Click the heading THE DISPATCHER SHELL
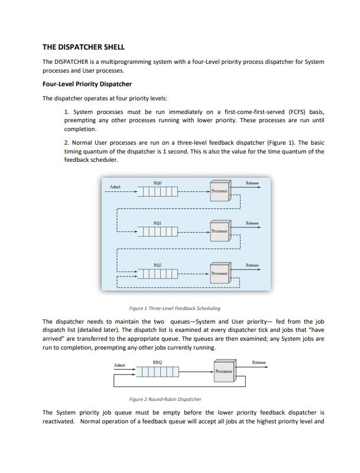(x=83, y=47)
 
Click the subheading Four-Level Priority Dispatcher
(x=87, y=84)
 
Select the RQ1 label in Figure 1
(x=158, y=223)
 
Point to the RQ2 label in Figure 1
(x=158, y=265)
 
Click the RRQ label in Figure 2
(x=157, y=363)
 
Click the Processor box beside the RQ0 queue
(x=220, y=191)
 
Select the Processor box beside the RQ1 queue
(x=220, y=231)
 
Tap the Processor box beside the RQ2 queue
(x=220, y=273)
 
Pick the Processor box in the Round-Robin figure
(x=225, y=371)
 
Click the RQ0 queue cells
(x=158, y=191)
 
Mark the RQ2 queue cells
(x=158, y=273)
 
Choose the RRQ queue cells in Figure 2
(x=157, y=371)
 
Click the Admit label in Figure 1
(x=115, y=187)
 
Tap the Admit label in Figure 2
(x=119, y=365)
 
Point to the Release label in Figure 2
(x=259, y=362)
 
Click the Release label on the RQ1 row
(x=252, y=223)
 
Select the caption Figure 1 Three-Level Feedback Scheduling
(x=175, y=308)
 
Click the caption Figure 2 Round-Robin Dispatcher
(x=165, y=399)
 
